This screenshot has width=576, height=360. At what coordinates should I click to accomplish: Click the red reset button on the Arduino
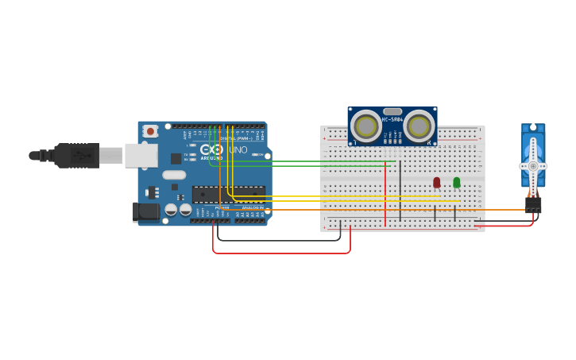click(x=150, y=131)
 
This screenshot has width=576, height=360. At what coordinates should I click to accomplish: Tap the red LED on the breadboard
click(x=436, y=182)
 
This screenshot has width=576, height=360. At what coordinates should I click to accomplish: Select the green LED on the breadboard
click(x=456, y=182)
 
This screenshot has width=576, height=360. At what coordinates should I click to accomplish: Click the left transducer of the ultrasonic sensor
click(x=366, y=126)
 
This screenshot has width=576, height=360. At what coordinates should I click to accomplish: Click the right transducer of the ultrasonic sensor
click(x=419, y=126)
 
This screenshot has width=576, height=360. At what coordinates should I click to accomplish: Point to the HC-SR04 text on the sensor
click(x=392, y=120)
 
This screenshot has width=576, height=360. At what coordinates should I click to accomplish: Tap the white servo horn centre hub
click(x=533, y=165)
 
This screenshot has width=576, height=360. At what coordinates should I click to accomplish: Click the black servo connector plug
click(x=533, y=204)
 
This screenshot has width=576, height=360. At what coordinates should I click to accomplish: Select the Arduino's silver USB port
click(x=141, y=156)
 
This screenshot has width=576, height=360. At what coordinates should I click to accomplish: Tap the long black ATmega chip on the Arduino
click(x=229, y=195)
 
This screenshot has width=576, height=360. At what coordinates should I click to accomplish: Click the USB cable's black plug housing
click(x=77, y=156)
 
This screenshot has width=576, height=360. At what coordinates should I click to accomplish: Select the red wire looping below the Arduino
click(x=281, y=254)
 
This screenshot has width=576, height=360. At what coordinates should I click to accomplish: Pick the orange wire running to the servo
click(x=493, y=210)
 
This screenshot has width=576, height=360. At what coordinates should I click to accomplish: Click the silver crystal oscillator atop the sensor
click(x=392, y=111)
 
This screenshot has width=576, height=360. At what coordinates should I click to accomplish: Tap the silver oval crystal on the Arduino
click(x=174, y=175)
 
